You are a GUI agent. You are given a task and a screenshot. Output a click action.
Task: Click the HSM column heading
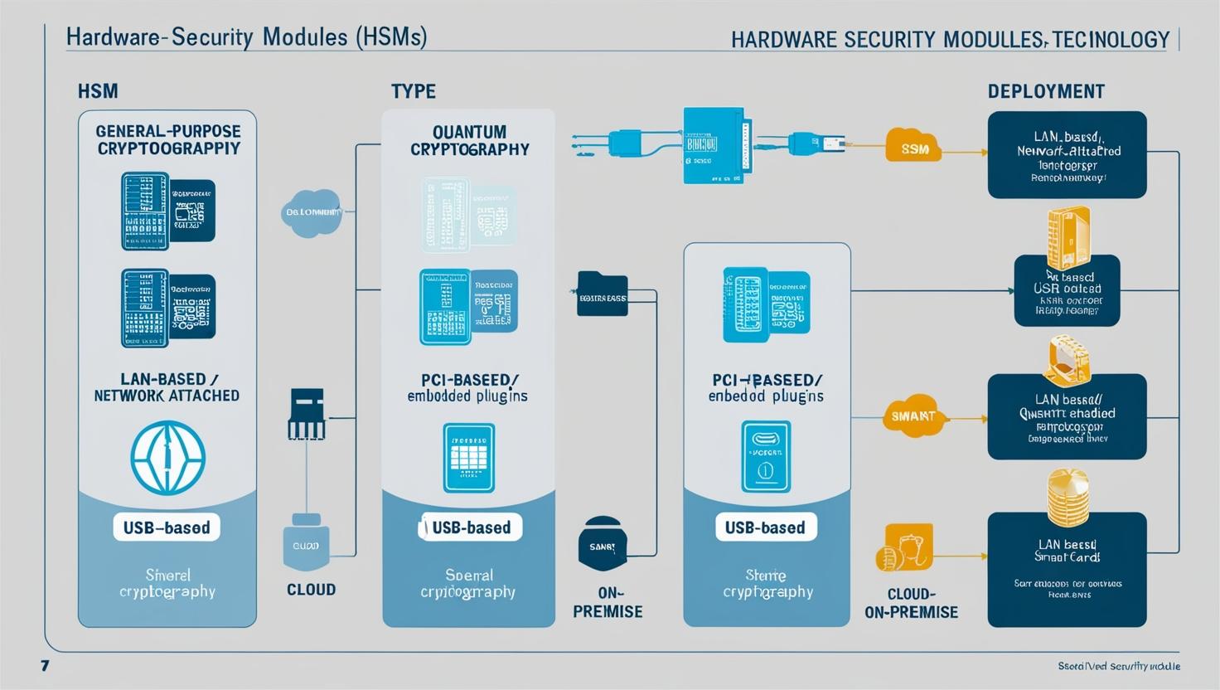pos(98,91)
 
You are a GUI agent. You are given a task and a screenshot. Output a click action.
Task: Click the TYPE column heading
pos(414,91)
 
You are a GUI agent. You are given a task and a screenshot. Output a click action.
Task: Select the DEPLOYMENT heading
pos(1046,91)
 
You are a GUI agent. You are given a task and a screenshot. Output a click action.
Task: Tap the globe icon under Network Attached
pos(167,457)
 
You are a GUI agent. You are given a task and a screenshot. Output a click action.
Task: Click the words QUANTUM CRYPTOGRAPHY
pos(469,140)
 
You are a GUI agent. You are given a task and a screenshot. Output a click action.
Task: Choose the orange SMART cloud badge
pos(913,415)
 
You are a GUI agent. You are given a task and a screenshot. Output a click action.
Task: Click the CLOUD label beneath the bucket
pos(311,590)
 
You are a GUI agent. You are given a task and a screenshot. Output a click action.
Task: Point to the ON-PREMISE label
pos(608,602)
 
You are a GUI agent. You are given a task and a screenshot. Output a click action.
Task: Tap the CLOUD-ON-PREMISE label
pos(911,603)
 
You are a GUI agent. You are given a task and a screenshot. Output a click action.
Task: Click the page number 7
pos(45,665)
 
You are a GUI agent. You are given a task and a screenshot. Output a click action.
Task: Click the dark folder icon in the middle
pos(602,294)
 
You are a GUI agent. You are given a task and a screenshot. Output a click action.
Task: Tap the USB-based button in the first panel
pos(167,527)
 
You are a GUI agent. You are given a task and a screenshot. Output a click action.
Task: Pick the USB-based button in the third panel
pos(765,527)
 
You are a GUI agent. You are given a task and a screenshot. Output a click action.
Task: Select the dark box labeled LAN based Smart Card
pos(1067,569)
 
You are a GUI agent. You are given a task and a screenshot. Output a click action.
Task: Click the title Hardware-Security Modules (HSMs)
pos(246,37)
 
